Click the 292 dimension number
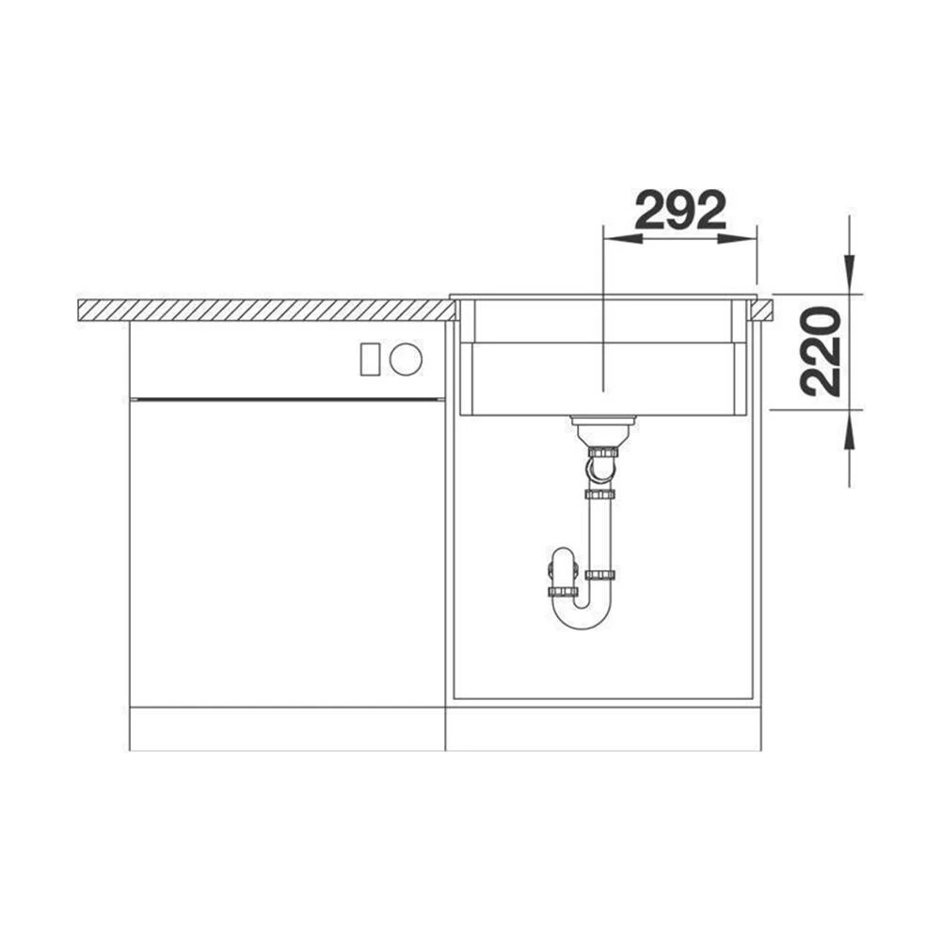pos(680,211)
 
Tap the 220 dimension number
pos(821,352)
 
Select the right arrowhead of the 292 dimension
pos(737,239)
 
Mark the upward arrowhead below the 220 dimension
pos(849,430)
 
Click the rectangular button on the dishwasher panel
pos(370,359)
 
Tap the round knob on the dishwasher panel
pos(406,359)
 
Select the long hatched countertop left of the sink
pos(266,311)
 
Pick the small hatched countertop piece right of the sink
pos(761,311)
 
